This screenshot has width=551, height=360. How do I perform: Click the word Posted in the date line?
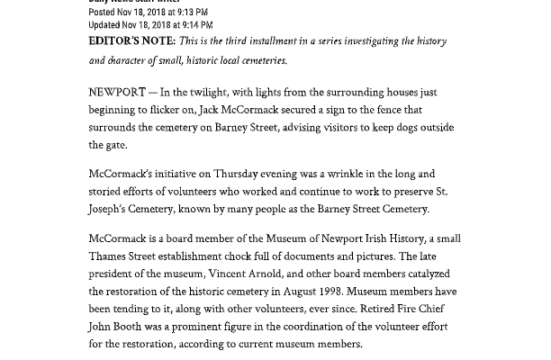click(103, 13)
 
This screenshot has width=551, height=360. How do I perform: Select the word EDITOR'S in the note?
click(117, 41)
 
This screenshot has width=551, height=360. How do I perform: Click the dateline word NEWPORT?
click(116, 93)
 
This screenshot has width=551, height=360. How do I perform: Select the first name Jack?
click(210, 110)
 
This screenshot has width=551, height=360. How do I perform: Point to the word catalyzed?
click(436, 274)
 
